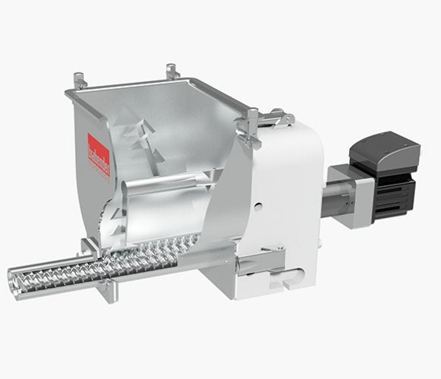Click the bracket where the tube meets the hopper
pos(91,251)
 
